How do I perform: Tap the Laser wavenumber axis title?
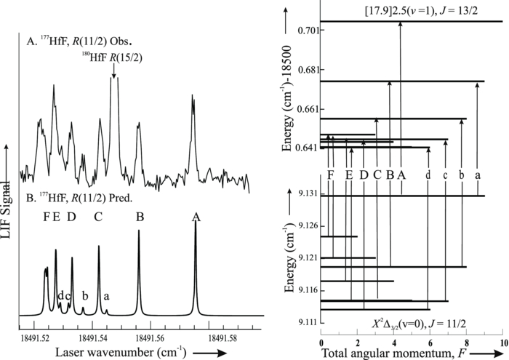(x=113, y=351)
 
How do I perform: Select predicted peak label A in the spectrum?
(x=195, y=216)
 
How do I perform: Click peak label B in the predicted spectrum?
(x=140, y=216)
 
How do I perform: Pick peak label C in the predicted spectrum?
(x=98, y=216)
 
